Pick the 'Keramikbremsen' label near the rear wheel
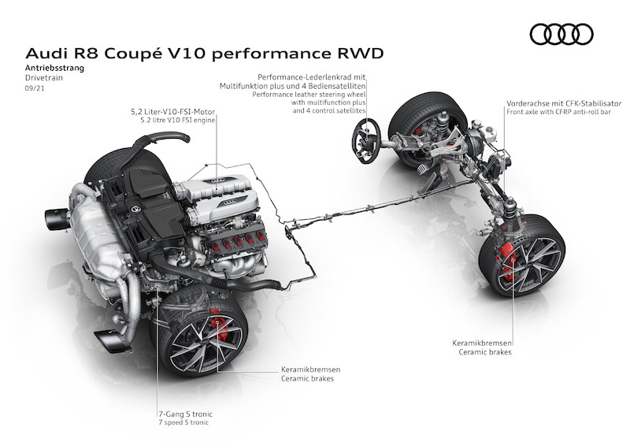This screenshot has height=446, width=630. [309, 370]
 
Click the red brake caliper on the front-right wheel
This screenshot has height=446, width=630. [510, 261]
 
